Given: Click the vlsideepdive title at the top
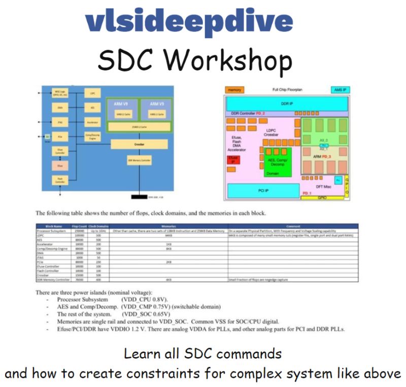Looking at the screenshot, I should [x=189, y=22].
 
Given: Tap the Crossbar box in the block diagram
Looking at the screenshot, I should [x=139, y=145].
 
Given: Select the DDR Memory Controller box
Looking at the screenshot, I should [x=139, y=160].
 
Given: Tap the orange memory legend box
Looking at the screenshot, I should [x=233, y=90].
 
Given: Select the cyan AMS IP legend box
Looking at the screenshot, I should [x=340, y=90].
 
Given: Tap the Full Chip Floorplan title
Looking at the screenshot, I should [x=287, y=90].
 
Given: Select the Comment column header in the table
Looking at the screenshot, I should [x=293, y=226].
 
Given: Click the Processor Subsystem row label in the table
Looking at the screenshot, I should [x=50, y=231].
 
